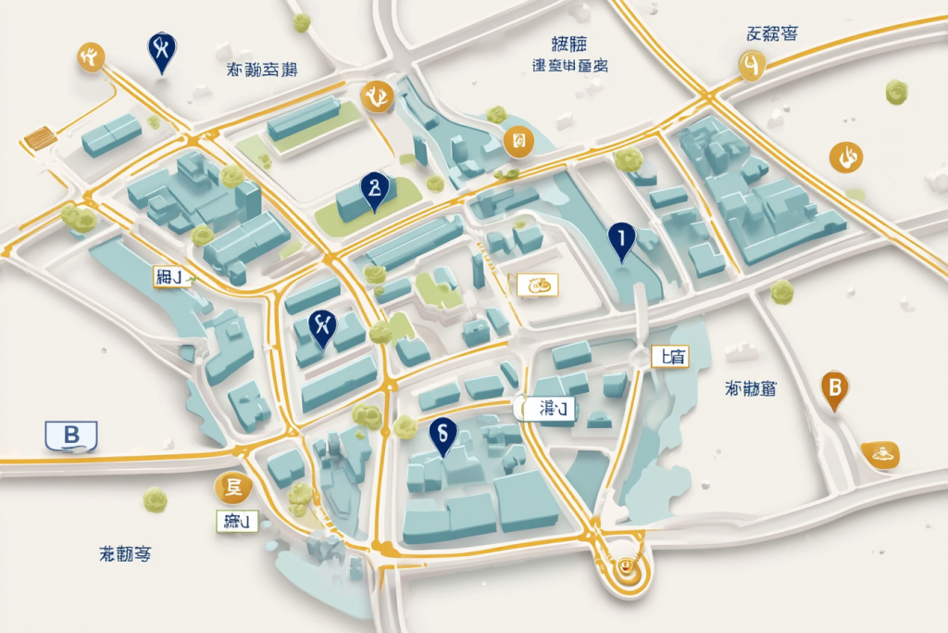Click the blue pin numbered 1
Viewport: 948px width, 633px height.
(621, 241)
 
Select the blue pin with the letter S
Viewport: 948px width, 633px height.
(442, 434)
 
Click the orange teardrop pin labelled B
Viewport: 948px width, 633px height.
(834, 388)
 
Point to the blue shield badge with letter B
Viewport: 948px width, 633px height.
(70, 434)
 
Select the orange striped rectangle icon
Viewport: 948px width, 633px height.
(39, 139)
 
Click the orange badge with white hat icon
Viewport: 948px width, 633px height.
(880, 453)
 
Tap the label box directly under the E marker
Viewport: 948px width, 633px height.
(235, 521)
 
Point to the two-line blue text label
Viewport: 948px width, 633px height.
(568, 54)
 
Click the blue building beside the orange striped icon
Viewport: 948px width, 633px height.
(109, 134)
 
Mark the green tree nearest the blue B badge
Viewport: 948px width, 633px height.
(154, 500)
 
